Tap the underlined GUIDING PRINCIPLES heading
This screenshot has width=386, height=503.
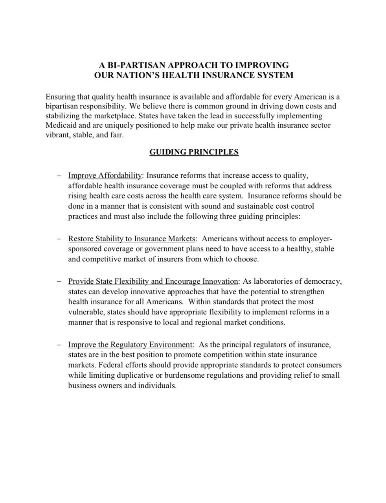coord(194,152)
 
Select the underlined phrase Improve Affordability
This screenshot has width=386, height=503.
coord(105,175)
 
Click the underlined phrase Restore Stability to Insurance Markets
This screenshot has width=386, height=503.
coord(132,239)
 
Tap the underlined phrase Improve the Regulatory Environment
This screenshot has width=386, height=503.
coord(130,345)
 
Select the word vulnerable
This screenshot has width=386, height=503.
coord(85,312)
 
